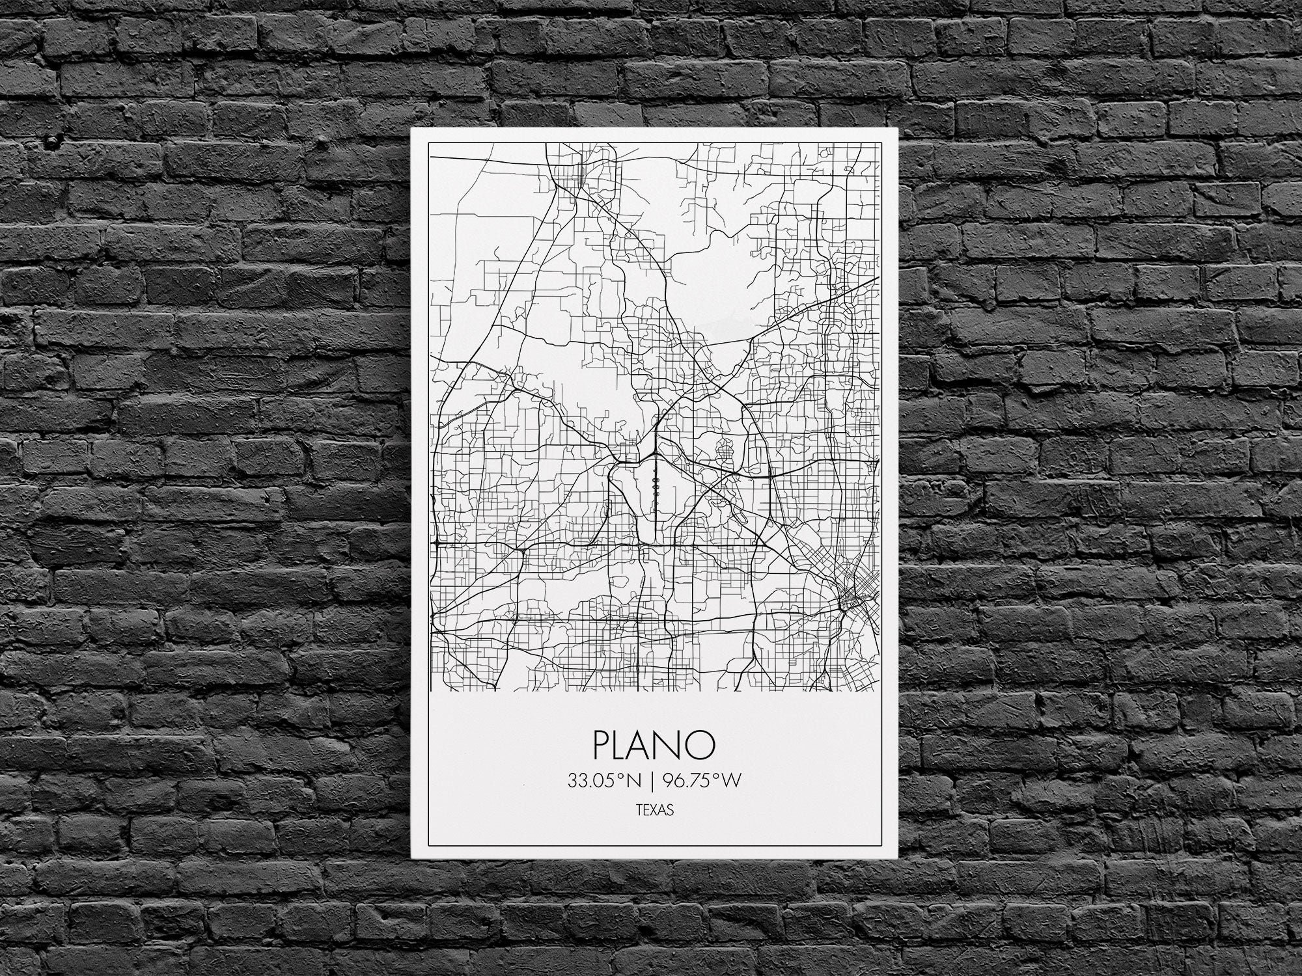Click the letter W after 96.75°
(732, 781)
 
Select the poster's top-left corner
(411, 129)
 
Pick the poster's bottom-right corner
(898, 857)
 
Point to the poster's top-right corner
(898, 129)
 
